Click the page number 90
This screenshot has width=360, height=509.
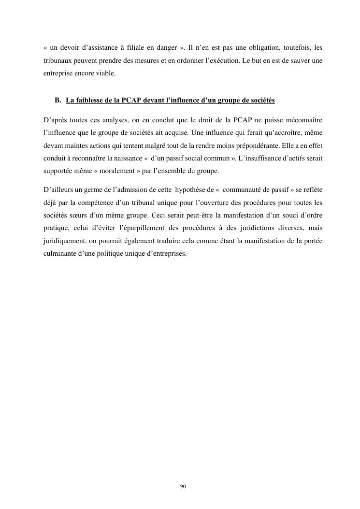coord(183,486)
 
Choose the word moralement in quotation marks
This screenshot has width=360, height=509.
coord(109,169)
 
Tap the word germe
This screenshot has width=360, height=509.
coord(86,189)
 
